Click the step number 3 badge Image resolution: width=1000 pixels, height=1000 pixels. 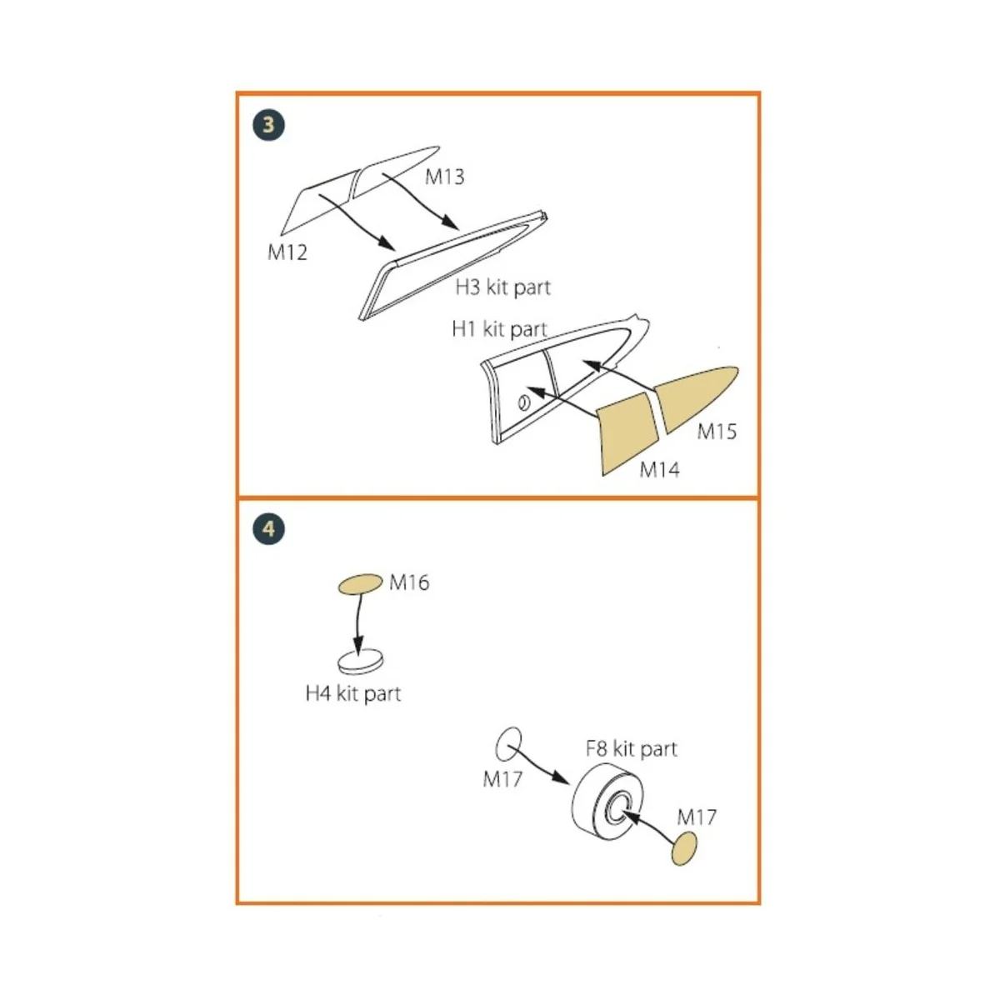(268, 125)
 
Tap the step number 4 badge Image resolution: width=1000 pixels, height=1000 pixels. (268, 528)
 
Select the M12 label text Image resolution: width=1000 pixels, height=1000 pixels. (287, 252)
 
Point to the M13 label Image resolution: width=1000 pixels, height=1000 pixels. (444, 177)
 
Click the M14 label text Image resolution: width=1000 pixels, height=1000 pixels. (659, 470)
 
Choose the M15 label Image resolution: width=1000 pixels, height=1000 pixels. (717, 432)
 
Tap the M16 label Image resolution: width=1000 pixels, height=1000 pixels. (409, 582)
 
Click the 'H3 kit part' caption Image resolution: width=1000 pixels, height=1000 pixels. (502, 287)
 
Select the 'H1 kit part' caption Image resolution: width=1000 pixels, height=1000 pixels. (498, 329)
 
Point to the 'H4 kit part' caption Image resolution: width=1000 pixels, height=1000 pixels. (353, 693)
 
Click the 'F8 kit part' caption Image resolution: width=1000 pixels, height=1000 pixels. (631, 748)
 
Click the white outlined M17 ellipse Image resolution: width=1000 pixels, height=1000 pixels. (508, 743)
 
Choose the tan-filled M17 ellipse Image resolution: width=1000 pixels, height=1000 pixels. (685, 852)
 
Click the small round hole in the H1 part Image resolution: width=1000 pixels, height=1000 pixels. (523, 403)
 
